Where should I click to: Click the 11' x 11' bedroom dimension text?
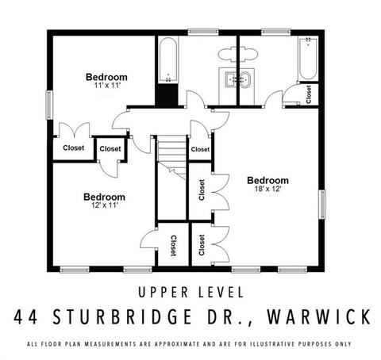click(x=107, y=86)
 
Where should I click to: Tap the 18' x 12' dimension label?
click(x=267, y=189)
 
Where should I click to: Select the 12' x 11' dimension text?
click(x=105, y=205)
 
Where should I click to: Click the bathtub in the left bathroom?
click(x=168, y=60)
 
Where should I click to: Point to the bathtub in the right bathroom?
click(x=308, y=59)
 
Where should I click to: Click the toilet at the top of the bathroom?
click(x=237, y=55)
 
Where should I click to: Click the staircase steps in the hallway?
click(x=172, y=157)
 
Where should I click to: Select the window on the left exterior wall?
click(x=49, y=105)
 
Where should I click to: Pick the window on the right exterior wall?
click(x=322, y=205)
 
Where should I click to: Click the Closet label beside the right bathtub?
click(x=309, y=94)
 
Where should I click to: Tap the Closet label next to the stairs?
click(x=200, y=150)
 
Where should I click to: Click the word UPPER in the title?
click(x=164, y=293)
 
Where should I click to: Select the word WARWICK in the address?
click(x=319, y=316)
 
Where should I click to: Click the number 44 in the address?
click(x=25, y=316)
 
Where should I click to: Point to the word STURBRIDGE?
click(x=122, y=316)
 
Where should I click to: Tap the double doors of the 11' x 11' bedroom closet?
click(x=74, y=130)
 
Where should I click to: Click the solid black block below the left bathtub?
click(x=167, y=95)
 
